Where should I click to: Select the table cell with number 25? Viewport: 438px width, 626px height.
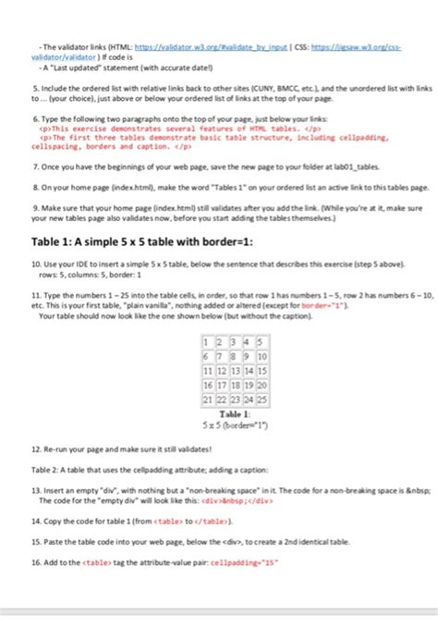pos(262,399)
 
